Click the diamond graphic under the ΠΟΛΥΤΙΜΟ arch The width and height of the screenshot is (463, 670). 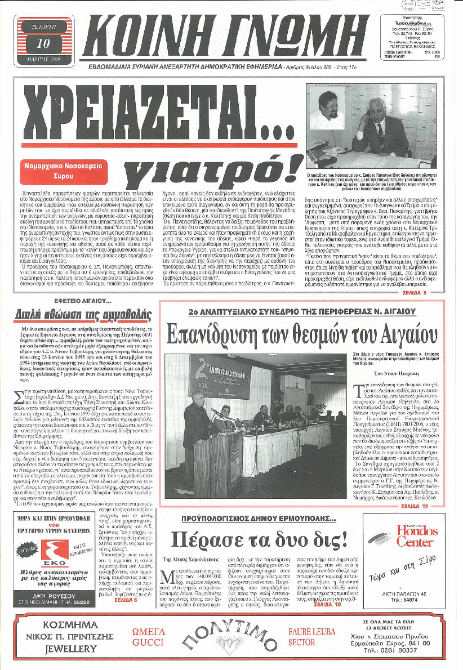[x=232, y=648]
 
